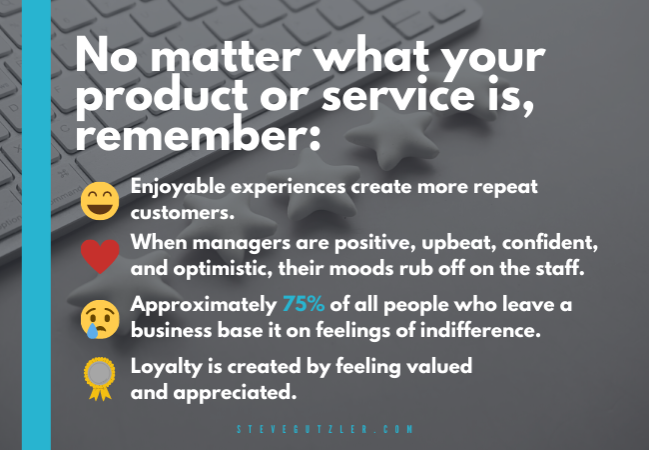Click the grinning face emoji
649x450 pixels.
100,201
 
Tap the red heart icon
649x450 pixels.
100,256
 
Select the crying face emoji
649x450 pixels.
100,319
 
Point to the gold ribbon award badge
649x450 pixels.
100,379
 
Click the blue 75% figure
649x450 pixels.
304,305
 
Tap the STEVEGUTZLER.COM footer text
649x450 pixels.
324,429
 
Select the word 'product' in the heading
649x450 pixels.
162,97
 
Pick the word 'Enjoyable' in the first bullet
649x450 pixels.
178,187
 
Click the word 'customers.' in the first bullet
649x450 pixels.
183,213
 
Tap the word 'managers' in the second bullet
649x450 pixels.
242,243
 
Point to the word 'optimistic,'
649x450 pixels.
223,269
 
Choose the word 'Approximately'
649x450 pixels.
204,305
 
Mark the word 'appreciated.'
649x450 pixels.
235,393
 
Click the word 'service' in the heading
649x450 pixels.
397,95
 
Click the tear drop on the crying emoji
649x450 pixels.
92,331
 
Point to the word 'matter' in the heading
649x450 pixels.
226,56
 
